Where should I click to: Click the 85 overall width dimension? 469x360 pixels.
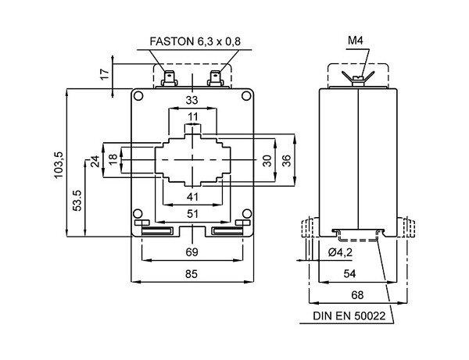coord(192,274)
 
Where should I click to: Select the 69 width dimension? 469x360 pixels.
coord(192,251)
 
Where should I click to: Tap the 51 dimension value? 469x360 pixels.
coord(192,213)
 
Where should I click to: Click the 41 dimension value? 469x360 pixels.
coord(192,195)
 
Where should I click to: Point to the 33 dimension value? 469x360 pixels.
coord(192,99)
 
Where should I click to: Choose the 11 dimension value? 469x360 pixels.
coord(192,117)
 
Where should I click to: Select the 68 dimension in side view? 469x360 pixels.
coord(356,294)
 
